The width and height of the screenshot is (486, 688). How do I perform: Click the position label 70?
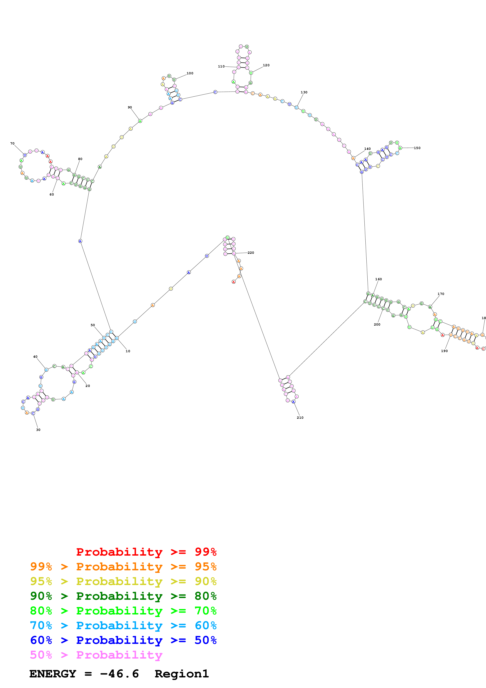pyautogui.click(x=12, y=144)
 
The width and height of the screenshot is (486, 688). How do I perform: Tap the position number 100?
pyautogui.click(x=190, y=73)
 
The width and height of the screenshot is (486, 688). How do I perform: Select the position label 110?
pyautogui.click(x=221, y=66)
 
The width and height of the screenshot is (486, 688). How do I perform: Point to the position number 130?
pyautogui.click(x=304, y=92)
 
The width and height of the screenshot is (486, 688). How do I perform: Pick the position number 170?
pyautogui.click(x=441, y=294)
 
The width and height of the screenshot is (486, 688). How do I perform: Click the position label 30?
pyautogui.click(x=38, y=430)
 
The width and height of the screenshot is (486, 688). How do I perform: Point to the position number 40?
pyautogui.click(x=35, y=357)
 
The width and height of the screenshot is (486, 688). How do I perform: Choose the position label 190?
pyautogui.click(x=444, y=351)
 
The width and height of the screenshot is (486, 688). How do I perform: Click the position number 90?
pyautogui.click(x=130, y=107)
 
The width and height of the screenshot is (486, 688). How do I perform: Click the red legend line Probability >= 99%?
pyautogui.click(x=146, y=552)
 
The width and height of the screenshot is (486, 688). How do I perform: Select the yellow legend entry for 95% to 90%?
pyautogui.click(x=123, y=581)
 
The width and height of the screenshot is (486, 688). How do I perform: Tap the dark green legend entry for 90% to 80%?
pyautogui.click(x=123, y=596)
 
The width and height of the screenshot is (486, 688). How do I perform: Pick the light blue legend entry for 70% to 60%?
pyautogui.click(x=123, y=625)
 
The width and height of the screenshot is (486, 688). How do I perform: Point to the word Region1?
pyautogui.click(x=182, y=674)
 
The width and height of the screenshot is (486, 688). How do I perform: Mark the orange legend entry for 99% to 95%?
pyautogui.click(x=123, y=567)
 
